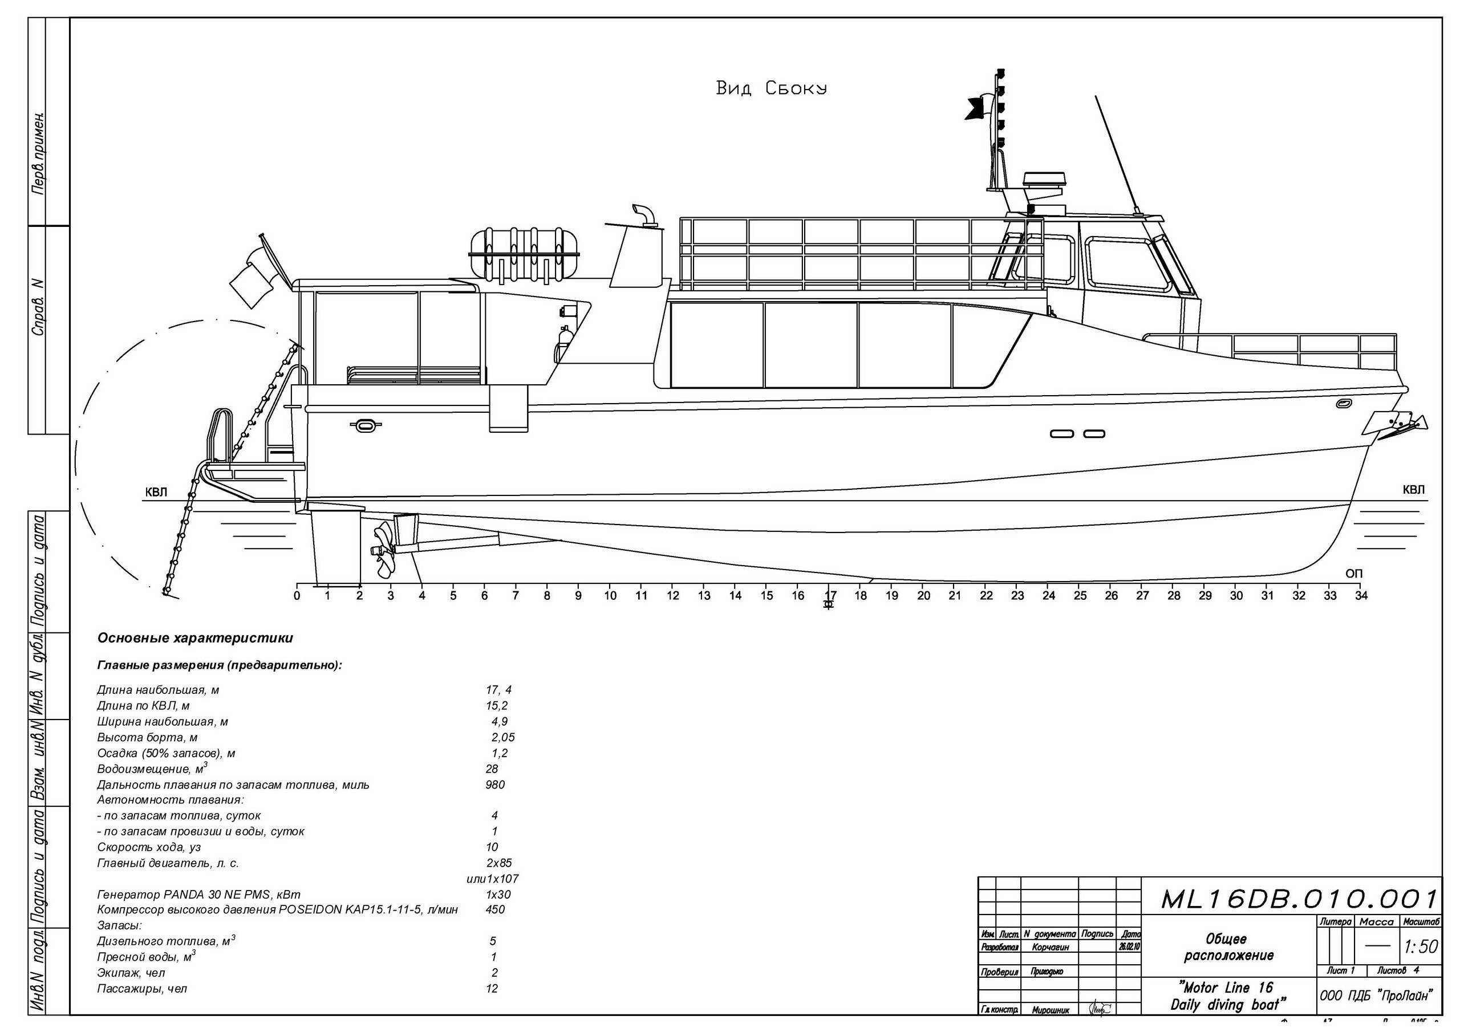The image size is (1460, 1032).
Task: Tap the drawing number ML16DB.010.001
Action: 1299,899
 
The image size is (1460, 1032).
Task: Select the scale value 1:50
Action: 1421,947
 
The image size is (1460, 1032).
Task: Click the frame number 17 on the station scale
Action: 829,596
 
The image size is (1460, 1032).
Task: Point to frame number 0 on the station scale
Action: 297,596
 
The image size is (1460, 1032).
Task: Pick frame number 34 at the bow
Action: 1361,596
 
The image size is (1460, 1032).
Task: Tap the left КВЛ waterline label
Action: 156,491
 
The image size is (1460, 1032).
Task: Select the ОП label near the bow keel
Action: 1354,574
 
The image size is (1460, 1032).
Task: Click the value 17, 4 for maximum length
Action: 498,690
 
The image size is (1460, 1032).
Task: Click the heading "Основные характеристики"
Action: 195,638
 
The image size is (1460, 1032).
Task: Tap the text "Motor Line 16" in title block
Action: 1226,988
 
